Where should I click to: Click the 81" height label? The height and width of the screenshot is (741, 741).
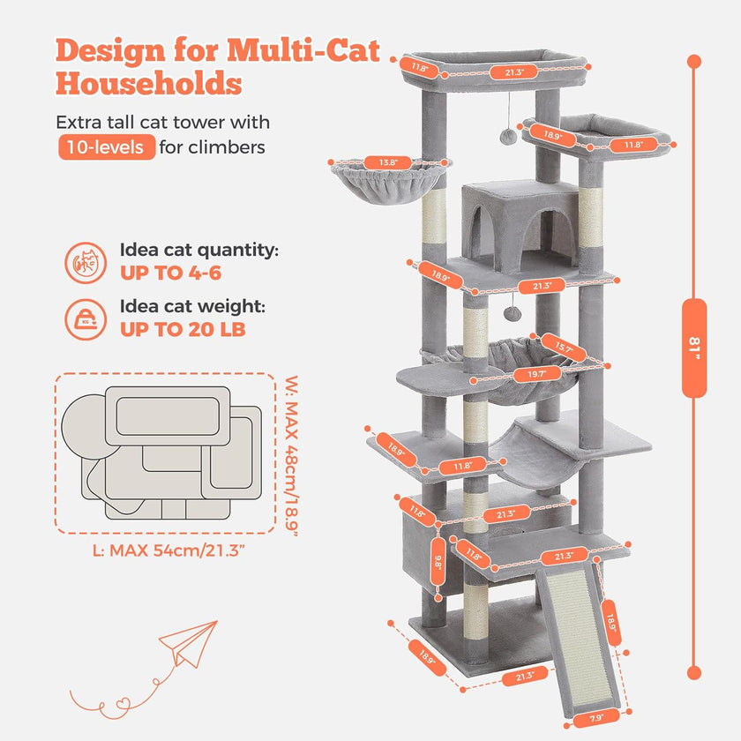pos(694,348)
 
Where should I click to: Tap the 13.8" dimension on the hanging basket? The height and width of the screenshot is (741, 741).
pos(388,162)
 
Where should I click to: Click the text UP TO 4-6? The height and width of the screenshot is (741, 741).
pos(170,273)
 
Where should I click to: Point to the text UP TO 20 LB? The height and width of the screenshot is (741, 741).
pos(183,329)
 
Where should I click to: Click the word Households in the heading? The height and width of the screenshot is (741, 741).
pos(149,84)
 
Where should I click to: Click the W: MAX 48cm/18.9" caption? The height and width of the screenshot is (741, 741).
pos(293,455)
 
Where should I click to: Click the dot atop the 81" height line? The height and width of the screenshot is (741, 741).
pos(694,61)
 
